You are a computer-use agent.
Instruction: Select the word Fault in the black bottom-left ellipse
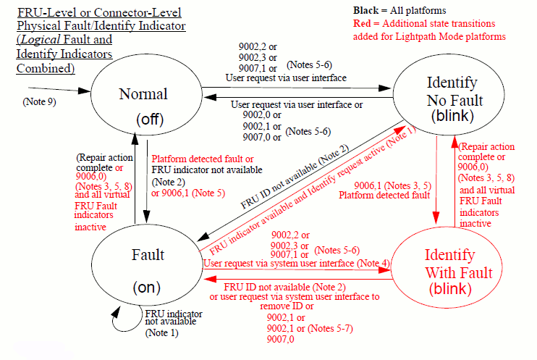tap(148, 254)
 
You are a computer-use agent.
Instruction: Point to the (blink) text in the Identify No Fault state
tap(451, 115)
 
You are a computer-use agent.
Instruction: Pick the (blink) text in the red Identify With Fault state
tap(450, 290)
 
